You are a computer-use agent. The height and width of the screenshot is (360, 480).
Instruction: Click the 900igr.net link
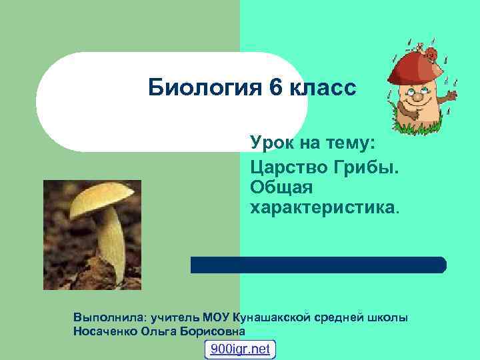(240, 349)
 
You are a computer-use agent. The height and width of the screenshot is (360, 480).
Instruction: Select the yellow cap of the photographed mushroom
(99, 199)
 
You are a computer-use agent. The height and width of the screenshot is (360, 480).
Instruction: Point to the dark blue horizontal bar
(318, 265)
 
